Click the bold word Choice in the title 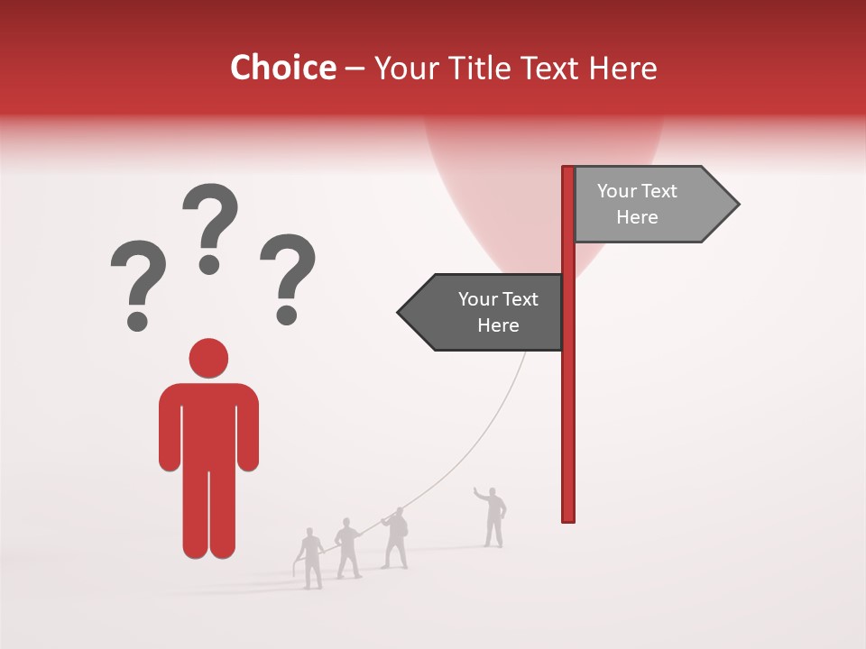[x=282, y=68]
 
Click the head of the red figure [x=208, y=358]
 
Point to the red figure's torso [x=208, y=424]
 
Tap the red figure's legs [x=208, y=514]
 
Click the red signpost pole [x=568, y=406]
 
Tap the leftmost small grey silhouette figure [x=310, y=558]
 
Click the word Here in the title [x=622, y=69]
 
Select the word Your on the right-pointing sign [x=617, y=191]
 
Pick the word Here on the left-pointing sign [x=498, y=325]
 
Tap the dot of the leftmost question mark [x=137, y=321]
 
